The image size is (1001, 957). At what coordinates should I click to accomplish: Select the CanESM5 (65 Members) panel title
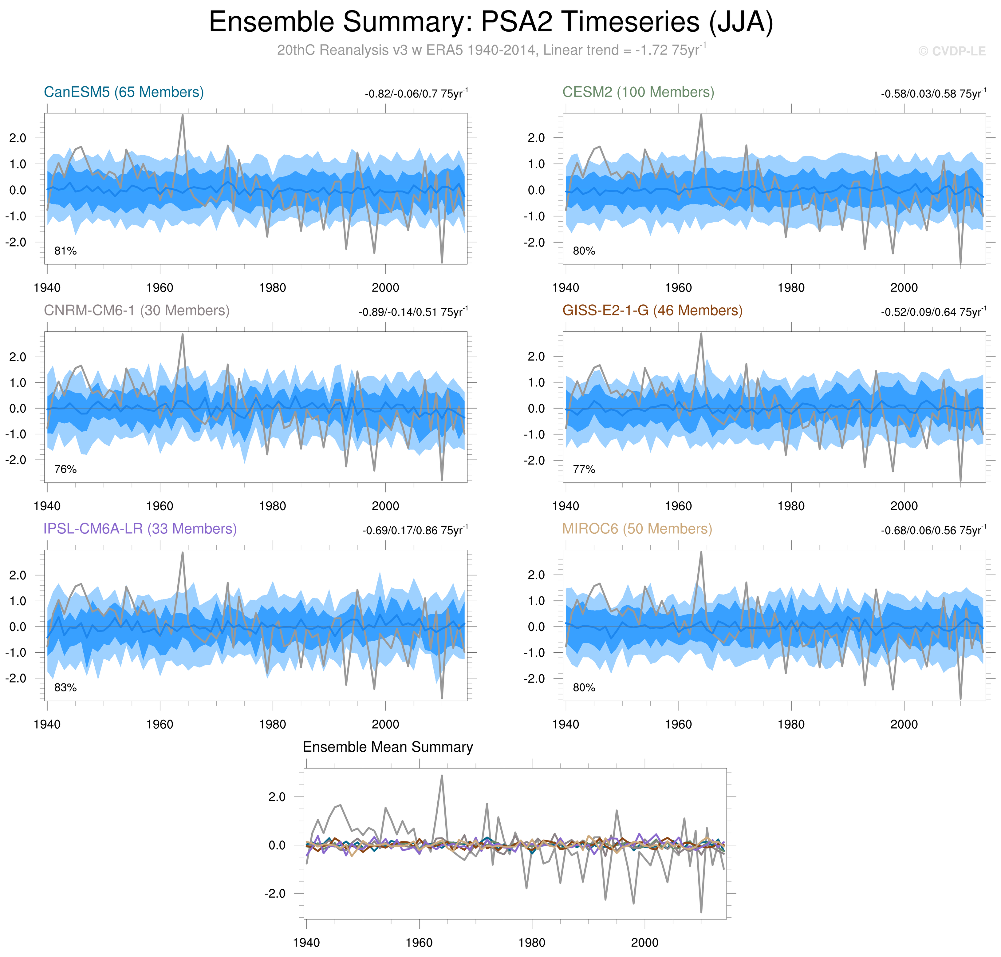(x=124, y=92)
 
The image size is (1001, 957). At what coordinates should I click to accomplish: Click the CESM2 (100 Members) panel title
(x=638, y=92)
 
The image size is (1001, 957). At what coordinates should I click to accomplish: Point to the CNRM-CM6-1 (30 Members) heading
(x=137, y=311)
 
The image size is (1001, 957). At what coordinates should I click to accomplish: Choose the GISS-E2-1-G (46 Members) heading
(x=652, y=311)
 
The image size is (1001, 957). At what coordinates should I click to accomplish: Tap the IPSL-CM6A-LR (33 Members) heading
(x=140, y=529)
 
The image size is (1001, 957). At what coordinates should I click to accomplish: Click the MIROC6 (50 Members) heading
(x=637, y=529)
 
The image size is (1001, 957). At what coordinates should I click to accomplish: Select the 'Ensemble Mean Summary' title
(x=388, y=747)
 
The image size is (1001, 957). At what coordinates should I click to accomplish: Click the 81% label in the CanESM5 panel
(x=65, y=251)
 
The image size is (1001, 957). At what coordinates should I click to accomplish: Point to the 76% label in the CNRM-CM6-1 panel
(x=65, y=469)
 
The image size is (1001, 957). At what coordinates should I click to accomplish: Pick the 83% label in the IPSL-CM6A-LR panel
(x=65, y=688)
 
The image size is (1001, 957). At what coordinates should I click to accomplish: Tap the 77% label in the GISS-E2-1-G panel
(x=584, y=469)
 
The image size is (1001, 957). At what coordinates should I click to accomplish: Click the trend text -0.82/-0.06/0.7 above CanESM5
(x=416, y=94)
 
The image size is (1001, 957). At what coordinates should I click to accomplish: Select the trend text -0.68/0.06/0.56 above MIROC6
(x=933, y=531)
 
